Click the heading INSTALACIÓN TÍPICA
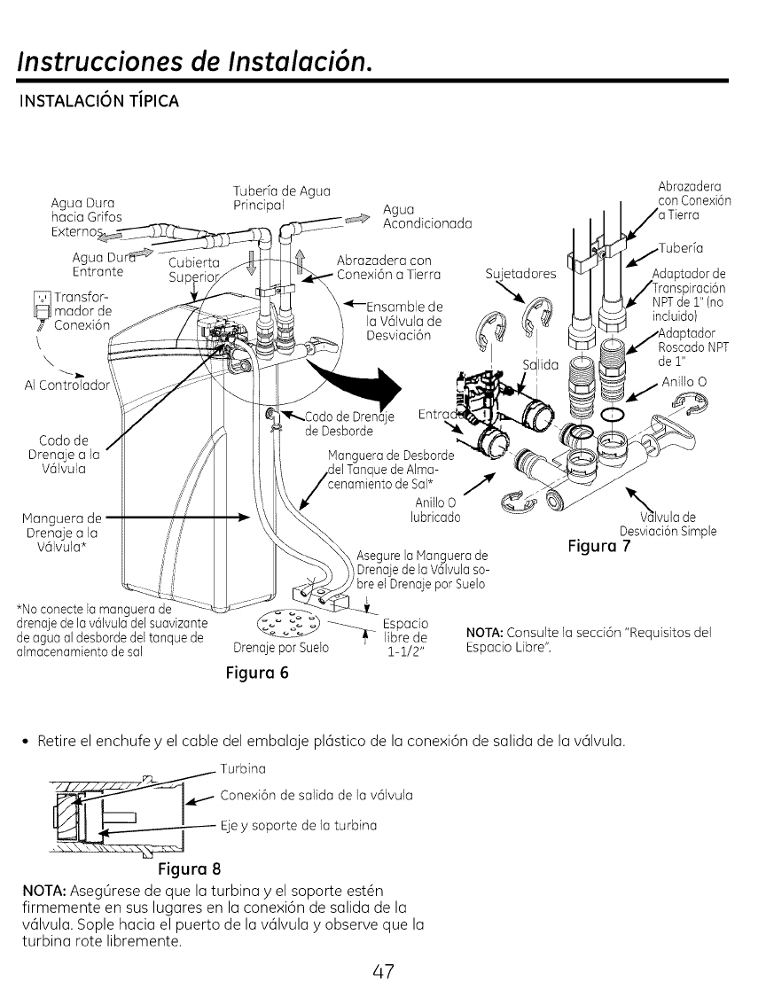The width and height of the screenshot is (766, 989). [x=95, y=101]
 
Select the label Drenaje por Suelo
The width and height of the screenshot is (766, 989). [x=280, y=647]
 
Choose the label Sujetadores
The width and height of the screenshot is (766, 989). [x=521, y=274]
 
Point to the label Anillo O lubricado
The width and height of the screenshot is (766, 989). [x=434, y=510]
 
